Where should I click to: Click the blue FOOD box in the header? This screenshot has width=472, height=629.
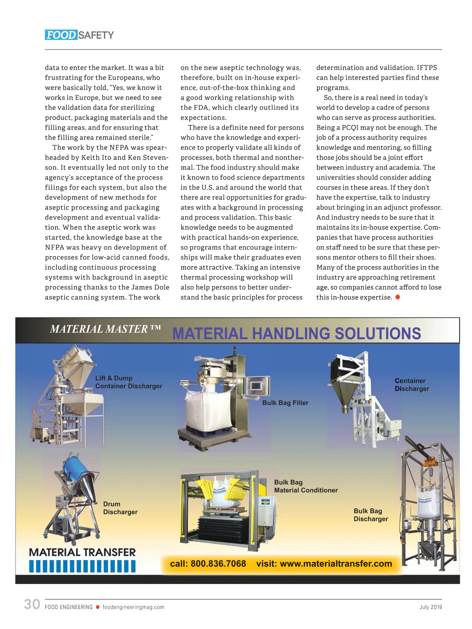point(61,35)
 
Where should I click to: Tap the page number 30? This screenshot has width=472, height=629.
point(32,604)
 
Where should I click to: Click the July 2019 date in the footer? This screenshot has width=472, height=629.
point(431,607)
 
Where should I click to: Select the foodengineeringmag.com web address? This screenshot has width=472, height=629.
point(133,607)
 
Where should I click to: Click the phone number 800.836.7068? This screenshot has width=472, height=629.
point(218,564)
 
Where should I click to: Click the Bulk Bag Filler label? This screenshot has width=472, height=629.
point(285,403)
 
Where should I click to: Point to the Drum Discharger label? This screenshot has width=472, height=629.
point(120,508)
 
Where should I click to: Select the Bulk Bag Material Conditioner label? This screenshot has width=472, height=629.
point(306,486)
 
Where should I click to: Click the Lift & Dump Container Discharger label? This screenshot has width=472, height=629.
point(128,382)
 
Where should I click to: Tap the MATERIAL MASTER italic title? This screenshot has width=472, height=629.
point(105,329)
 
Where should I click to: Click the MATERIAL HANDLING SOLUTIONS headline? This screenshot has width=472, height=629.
point(297,334)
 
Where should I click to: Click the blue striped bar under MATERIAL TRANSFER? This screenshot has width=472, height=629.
point(82,566)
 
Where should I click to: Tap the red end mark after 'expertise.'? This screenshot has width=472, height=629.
point(398,297)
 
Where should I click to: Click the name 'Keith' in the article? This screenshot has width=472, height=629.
point(90,158)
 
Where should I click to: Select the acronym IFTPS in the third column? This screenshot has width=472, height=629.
point(427,68)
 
